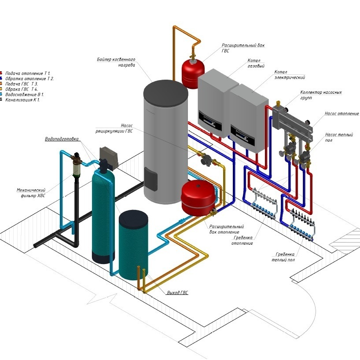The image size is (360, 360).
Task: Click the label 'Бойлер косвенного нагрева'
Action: click(x=116, y=62)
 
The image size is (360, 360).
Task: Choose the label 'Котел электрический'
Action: click(x=290, y=74)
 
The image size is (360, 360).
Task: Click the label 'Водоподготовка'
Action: click(x=62, y=139)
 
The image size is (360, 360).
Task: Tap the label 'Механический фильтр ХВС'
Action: click(x=31, y=192)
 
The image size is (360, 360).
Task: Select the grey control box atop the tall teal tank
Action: click(x=107, y=154)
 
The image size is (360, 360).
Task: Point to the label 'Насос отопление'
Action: click(x=342, y=114)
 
